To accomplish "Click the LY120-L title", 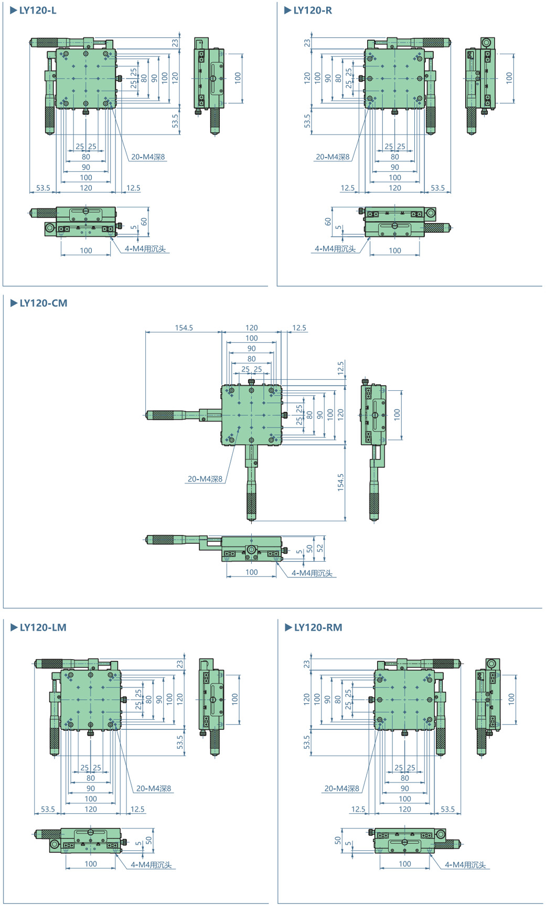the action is pyautogui.click(x=38, y=10).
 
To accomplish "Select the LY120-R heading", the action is pyautogui.click(x=313, y=10).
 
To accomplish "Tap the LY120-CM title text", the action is pyautogui.click(x=44, y=303).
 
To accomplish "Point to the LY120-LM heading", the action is pyautogui.click(x=43, y=628).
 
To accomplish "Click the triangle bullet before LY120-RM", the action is pyautogui.click(x=288, y=628).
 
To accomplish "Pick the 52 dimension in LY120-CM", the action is pyautogui.click(x=320, y=549).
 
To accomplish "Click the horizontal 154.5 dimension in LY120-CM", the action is pyautogui.click(x=184, y=328).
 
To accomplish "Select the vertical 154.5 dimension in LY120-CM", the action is pyautogui.click(x=341, y=482).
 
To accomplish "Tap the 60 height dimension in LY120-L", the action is pyautogui.click(x=144, y=222).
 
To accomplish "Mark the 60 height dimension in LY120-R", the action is pyautogui.click(x=328, y=222).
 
